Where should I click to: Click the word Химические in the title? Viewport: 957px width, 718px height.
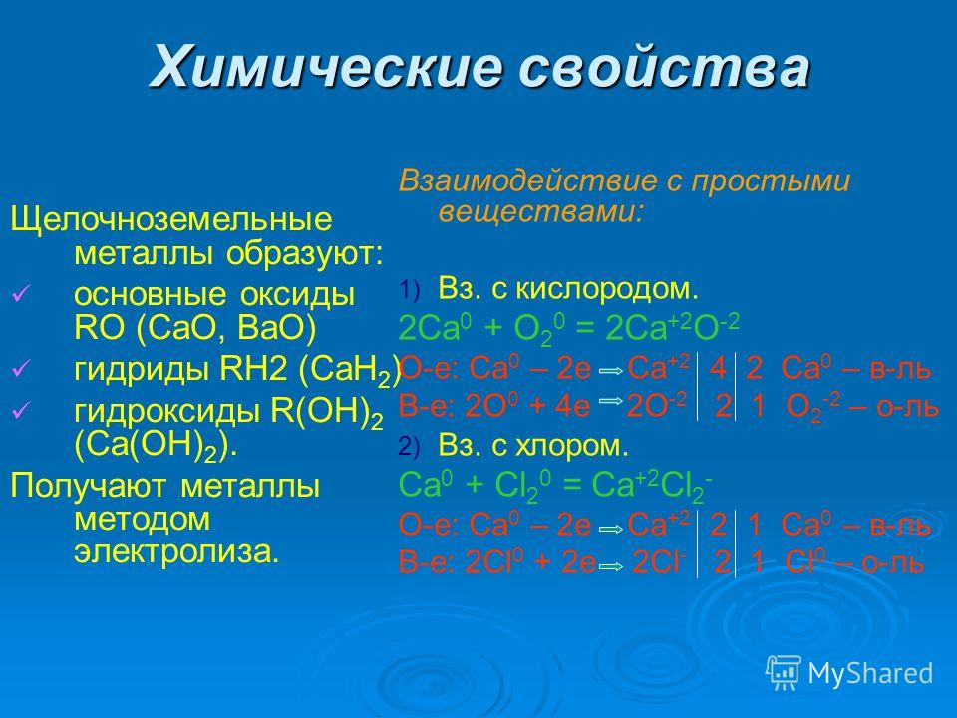[x=327, y=66]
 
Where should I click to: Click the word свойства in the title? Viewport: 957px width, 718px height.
[x=664, y=66]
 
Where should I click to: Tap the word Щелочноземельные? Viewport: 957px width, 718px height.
[x=170, y=220]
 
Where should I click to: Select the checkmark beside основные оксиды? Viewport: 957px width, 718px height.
[x=20, y=295]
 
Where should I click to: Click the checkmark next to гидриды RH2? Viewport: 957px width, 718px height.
[x=20, y=369]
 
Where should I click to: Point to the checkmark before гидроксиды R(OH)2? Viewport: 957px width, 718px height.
[x=20, y=412]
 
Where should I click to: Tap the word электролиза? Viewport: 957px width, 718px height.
[x=176, y=552]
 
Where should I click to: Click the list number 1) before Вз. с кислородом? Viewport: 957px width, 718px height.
[x=409, y=290]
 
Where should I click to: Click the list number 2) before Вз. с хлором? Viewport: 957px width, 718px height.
[x=409, y=448]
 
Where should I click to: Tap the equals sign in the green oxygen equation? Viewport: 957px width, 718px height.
[x=585, y=330]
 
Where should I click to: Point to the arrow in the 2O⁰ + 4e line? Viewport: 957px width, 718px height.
[x=611, y=401]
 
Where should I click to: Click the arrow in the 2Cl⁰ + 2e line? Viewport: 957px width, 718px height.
[x=611, y=566]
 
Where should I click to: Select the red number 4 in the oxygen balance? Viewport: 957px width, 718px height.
[x=718, y=369]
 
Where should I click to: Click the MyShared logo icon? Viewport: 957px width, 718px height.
[x=784, y=673]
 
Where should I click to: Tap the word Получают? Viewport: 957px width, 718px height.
[x=88, y=487]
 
